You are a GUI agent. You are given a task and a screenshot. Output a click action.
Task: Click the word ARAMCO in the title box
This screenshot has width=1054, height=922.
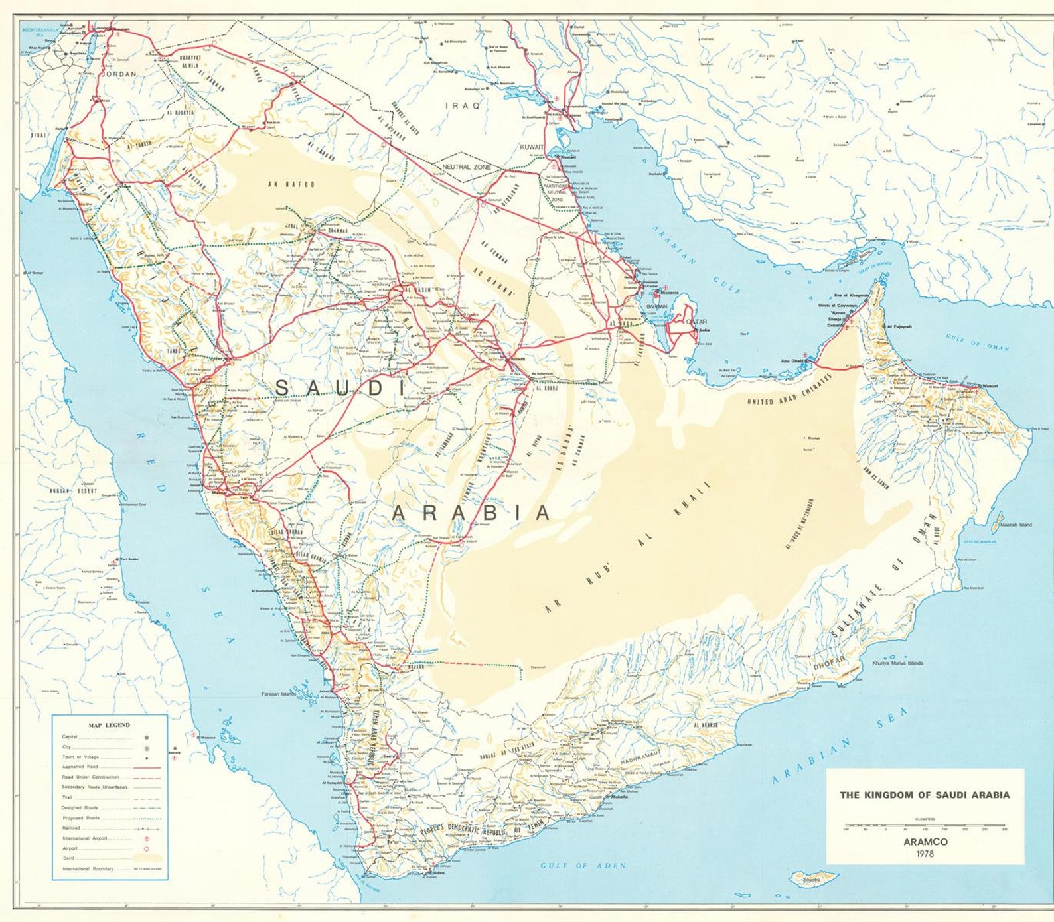925,842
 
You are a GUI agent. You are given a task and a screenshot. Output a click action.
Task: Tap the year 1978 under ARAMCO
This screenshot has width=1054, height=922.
925,854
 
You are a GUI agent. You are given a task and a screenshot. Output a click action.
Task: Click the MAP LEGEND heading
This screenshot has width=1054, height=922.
110,725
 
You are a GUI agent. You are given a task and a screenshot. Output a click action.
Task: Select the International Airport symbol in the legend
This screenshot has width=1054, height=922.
146,838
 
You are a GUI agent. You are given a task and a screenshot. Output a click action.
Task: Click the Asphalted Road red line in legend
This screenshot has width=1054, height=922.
146,767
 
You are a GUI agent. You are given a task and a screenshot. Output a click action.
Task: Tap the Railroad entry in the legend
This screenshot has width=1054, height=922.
72,828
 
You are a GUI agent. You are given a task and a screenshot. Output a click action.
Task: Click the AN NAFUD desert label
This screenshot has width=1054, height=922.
291,184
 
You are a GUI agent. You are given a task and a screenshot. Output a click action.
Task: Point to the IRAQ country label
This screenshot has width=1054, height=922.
462,105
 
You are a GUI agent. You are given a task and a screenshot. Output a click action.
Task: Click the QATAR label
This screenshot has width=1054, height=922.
696,322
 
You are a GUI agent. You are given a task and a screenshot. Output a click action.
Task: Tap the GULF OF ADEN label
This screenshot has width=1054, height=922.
583,866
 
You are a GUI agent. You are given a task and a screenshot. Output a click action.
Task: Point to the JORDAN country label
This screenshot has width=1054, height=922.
118,75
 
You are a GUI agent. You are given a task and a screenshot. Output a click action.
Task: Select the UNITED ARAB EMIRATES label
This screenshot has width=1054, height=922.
789,389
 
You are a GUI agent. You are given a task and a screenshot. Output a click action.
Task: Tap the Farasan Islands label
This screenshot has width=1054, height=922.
279,694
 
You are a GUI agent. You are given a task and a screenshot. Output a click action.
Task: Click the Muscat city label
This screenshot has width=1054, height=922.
990,385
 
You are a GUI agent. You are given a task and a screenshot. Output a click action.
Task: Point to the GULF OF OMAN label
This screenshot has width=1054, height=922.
977,342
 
